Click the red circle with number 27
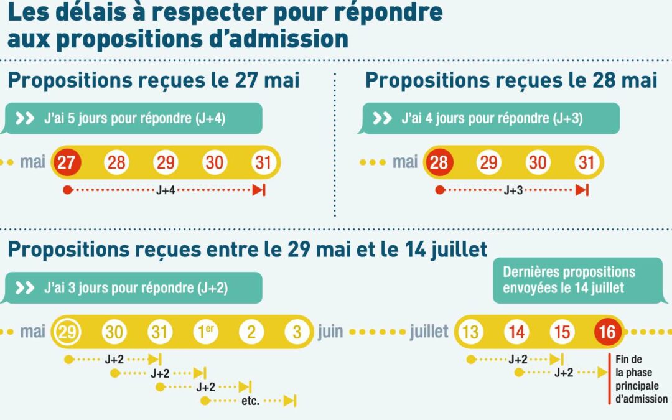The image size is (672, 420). point(66,162)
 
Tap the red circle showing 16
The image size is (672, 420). point(608,332)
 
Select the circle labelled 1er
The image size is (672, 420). point(206,332)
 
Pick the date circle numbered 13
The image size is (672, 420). point(470,332)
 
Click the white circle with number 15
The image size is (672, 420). point(562,332)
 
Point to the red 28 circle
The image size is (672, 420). point(439,162)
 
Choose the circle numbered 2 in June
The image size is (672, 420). point(251,332)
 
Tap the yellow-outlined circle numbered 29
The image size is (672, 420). point(67,332)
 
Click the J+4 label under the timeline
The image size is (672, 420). point(166,190)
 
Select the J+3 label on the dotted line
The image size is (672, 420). point(513,190)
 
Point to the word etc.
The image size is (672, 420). point(250,401)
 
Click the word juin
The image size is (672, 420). point(330,332)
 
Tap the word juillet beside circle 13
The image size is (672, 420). point(429,332)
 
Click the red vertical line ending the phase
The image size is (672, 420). point(609,379)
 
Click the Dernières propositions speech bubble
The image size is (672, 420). point(577,280)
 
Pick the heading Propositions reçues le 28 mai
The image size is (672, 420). point(511,80)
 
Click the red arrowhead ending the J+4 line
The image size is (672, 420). point(258,190)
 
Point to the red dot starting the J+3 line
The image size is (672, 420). point(440,190)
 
